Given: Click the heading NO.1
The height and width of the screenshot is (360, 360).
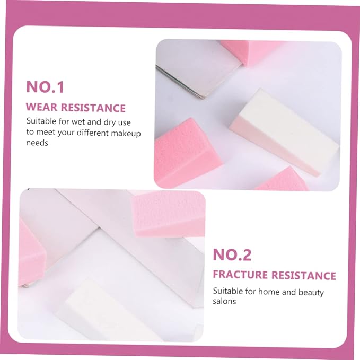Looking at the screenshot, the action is [45, 87].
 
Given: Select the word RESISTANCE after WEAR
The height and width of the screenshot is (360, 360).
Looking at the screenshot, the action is [93, 108].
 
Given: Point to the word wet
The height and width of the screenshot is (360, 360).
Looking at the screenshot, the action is [78, 122].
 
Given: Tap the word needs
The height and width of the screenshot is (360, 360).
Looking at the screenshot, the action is [37, 143].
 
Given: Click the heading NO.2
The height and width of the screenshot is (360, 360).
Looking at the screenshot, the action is [232, 254].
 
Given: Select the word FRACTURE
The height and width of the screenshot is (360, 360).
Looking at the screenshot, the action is [240, 275].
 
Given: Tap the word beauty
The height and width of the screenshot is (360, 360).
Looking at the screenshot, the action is [311, 293].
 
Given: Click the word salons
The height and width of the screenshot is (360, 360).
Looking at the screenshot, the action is [224, 301].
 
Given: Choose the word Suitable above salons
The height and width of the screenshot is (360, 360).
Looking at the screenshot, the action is [227, 291].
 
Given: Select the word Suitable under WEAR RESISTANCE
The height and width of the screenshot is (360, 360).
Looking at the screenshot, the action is [41, 121].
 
